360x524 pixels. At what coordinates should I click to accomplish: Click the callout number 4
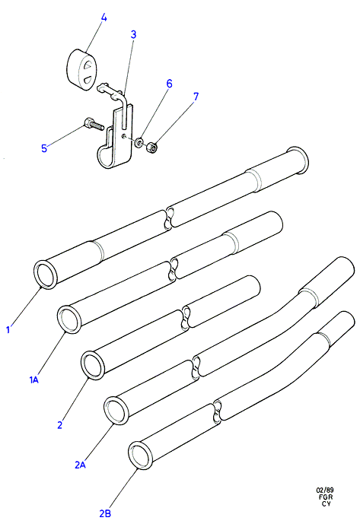point(104,17)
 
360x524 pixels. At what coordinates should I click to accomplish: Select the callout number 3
point(133,34)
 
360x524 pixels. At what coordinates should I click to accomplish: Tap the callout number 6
point(169,84)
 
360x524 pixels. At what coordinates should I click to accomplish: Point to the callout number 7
point(196,97)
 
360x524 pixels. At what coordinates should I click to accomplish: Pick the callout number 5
point(44,148)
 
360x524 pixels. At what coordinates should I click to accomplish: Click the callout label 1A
point(34,380)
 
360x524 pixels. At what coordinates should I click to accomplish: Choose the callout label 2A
point(81,465)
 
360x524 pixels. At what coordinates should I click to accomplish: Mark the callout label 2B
point(105,513)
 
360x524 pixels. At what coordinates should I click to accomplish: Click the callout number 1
point(8,330)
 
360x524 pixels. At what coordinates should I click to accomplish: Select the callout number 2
point(60,425)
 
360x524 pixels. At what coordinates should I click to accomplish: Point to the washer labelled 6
point(139,143)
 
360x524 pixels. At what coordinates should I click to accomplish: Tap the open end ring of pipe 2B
point(141,456)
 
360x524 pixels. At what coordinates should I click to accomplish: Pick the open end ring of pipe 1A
point(69,319)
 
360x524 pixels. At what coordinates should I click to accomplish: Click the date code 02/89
point(325,491)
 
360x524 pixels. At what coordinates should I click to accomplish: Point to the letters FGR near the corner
point(326,497)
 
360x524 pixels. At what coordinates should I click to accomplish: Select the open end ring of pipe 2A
point(116,411)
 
